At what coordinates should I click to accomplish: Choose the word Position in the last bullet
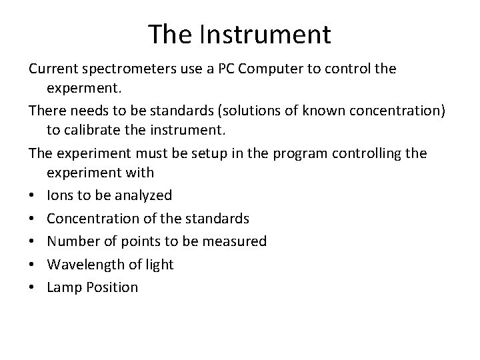point(113,287)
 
